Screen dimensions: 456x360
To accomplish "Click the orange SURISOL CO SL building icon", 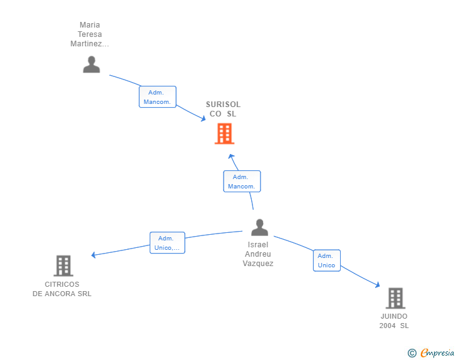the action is point(224,133).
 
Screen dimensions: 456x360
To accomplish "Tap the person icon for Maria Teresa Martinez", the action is point(91,64).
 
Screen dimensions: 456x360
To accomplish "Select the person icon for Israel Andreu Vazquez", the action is point(259,227).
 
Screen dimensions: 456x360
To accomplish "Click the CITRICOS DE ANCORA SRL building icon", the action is point(63,266).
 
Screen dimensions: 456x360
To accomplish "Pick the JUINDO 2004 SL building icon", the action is point(395,298).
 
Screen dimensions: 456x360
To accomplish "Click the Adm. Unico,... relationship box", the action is point(167,243).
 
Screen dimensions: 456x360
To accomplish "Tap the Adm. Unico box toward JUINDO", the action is point(326,260).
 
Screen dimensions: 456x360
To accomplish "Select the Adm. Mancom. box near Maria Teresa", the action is point(157,97).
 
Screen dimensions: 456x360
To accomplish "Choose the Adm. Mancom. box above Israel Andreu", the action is point(242,182).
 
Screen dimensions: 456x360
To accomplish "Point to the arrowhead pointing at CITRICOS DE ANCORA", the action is point(93,255).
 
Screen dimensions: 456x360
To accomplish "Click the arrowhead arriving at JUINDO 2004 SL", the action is point(378,285).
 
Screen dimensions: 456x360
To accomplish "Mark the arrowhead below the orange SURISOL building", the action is point(231,157).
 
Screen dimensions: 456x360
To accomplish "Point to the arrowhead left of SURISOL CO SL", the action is point(204,118).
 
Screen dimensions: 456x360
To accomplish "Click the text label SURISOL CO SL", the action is point(223,109).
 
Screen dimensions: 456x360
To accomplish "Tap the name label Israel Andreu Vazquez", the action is point(258,254).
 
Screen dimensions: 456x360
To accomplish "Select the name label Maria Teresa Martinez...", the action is point(90,34).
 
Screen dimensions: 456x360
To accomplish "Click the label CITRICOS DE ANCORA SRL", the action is point(62,289).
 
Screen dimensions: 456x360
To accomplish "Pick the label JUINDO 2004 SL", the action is point(394,321).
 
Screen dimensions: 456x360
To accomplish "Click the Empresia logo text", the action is point(437,352).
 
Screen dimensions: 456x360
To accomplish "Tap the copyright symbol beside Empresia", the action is point(412,353).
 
